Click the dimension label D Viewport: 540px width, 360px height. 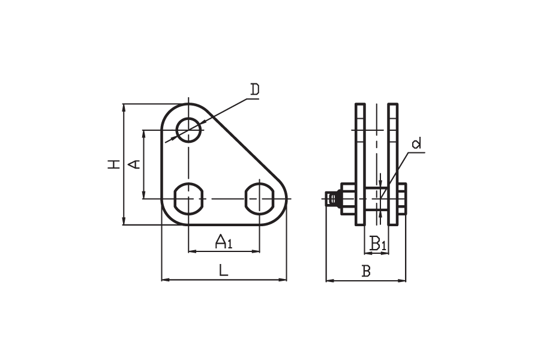click(x=255, y=89)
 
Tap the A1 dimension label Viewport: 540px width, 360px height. click(x=224, y=241)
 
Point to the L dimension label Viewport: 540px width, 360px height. click(x=224, y=271)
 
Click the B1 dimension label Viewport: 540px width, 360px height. click(x=378, y=243)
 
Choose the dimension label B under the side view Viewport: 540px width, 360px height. click(x=366, y=271)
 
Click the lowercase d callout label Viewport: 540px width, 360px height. click(x=417, y=143)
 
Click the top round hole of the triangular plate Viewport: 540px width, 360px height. click(x=188, y=130)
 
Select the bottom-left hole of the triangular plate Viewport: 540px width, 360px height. click(x=188, y=199)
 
